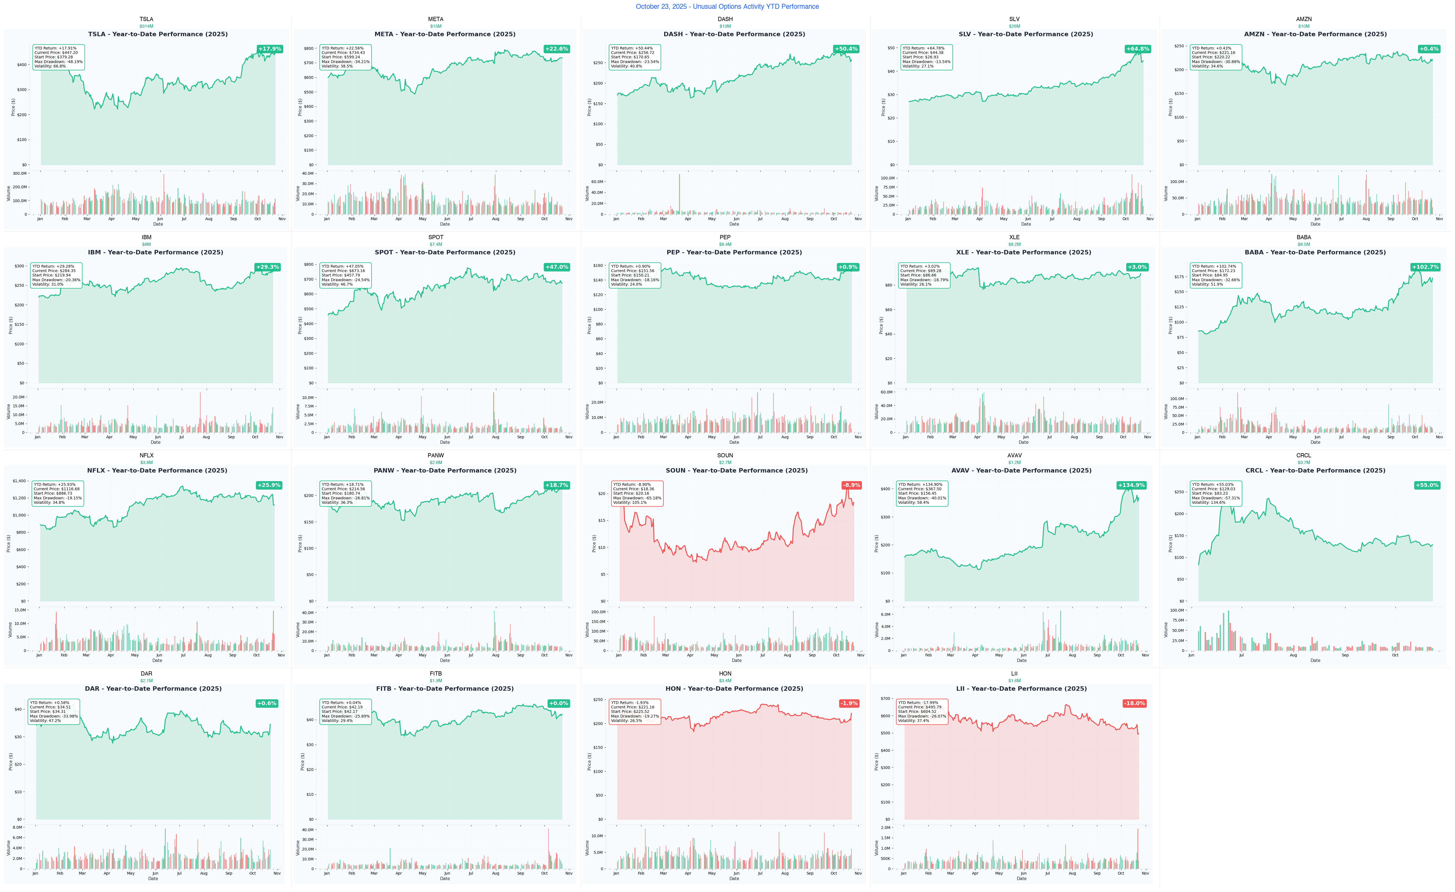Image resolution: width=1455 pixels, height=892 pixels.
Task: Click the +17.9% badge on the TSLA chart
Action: point(269,49)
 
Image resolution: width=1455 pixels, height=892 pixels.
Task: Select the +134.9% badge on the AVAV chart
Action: point(1131,485)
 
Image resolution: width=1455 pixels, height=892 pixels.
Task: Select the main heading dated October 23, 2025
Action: point(727,6)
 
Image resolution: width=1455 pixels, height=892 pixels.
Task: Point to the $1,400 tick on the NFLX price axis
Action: point(19,481)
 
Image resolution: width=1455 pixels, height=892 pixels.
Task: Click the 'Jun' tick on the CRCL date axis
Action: point(1191,655)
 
